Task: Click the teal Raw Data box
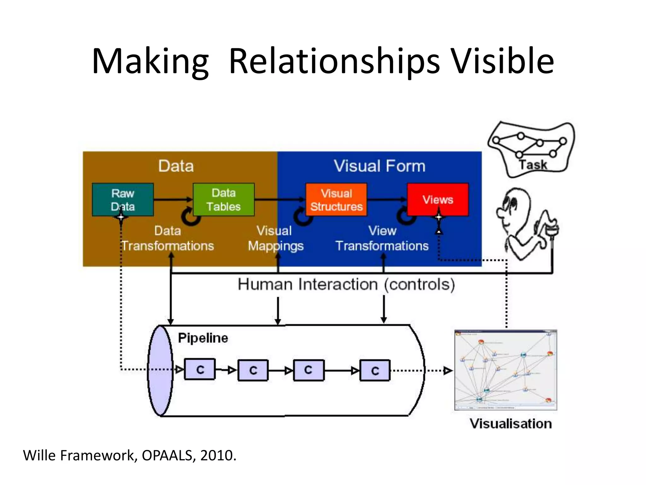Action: pyautogui.click(x=123, y=199)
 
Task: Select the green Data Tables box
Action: pyautogui.click(x=224, y=199)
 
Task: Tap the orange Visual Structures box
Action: pyautogui.click(x=336, y=199)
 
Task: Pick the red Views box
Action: pyautogui.click(x=438, y=199)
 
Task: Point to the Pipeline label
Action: pyautogui.click(x=203, y=338)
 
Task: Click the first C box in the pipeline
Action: pyautogui.click(x=200, y=369)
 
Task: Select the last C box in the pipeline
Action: pyautogui.click(x=375, y=370)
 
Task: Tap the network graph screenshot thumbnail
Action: pyautogui.click(x=506, y=370)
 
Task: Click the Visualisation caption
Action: pyautogui.click(x=510, y=423)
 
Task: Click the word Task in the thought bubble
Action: pyautogui.click(x=533, y=165)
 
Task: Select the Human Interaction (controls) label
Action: pyautogui.click(x=346, y=284)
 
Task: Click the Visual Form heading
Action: pyautogui.click(x=379, y=166)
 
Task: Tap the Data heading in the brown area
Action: pyautogui.click(x=176, y=166)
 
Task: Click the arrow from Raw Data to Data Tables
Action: pyautogui.click(x=173, y=199)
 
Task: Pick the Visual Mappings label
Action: pyautogui.click(x=275, y=238)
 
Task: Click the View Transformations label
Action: pyautogui.click(x=382, y=238)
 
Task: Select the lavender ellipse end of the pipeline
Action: pyautogui.click(x=160, y=370)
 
